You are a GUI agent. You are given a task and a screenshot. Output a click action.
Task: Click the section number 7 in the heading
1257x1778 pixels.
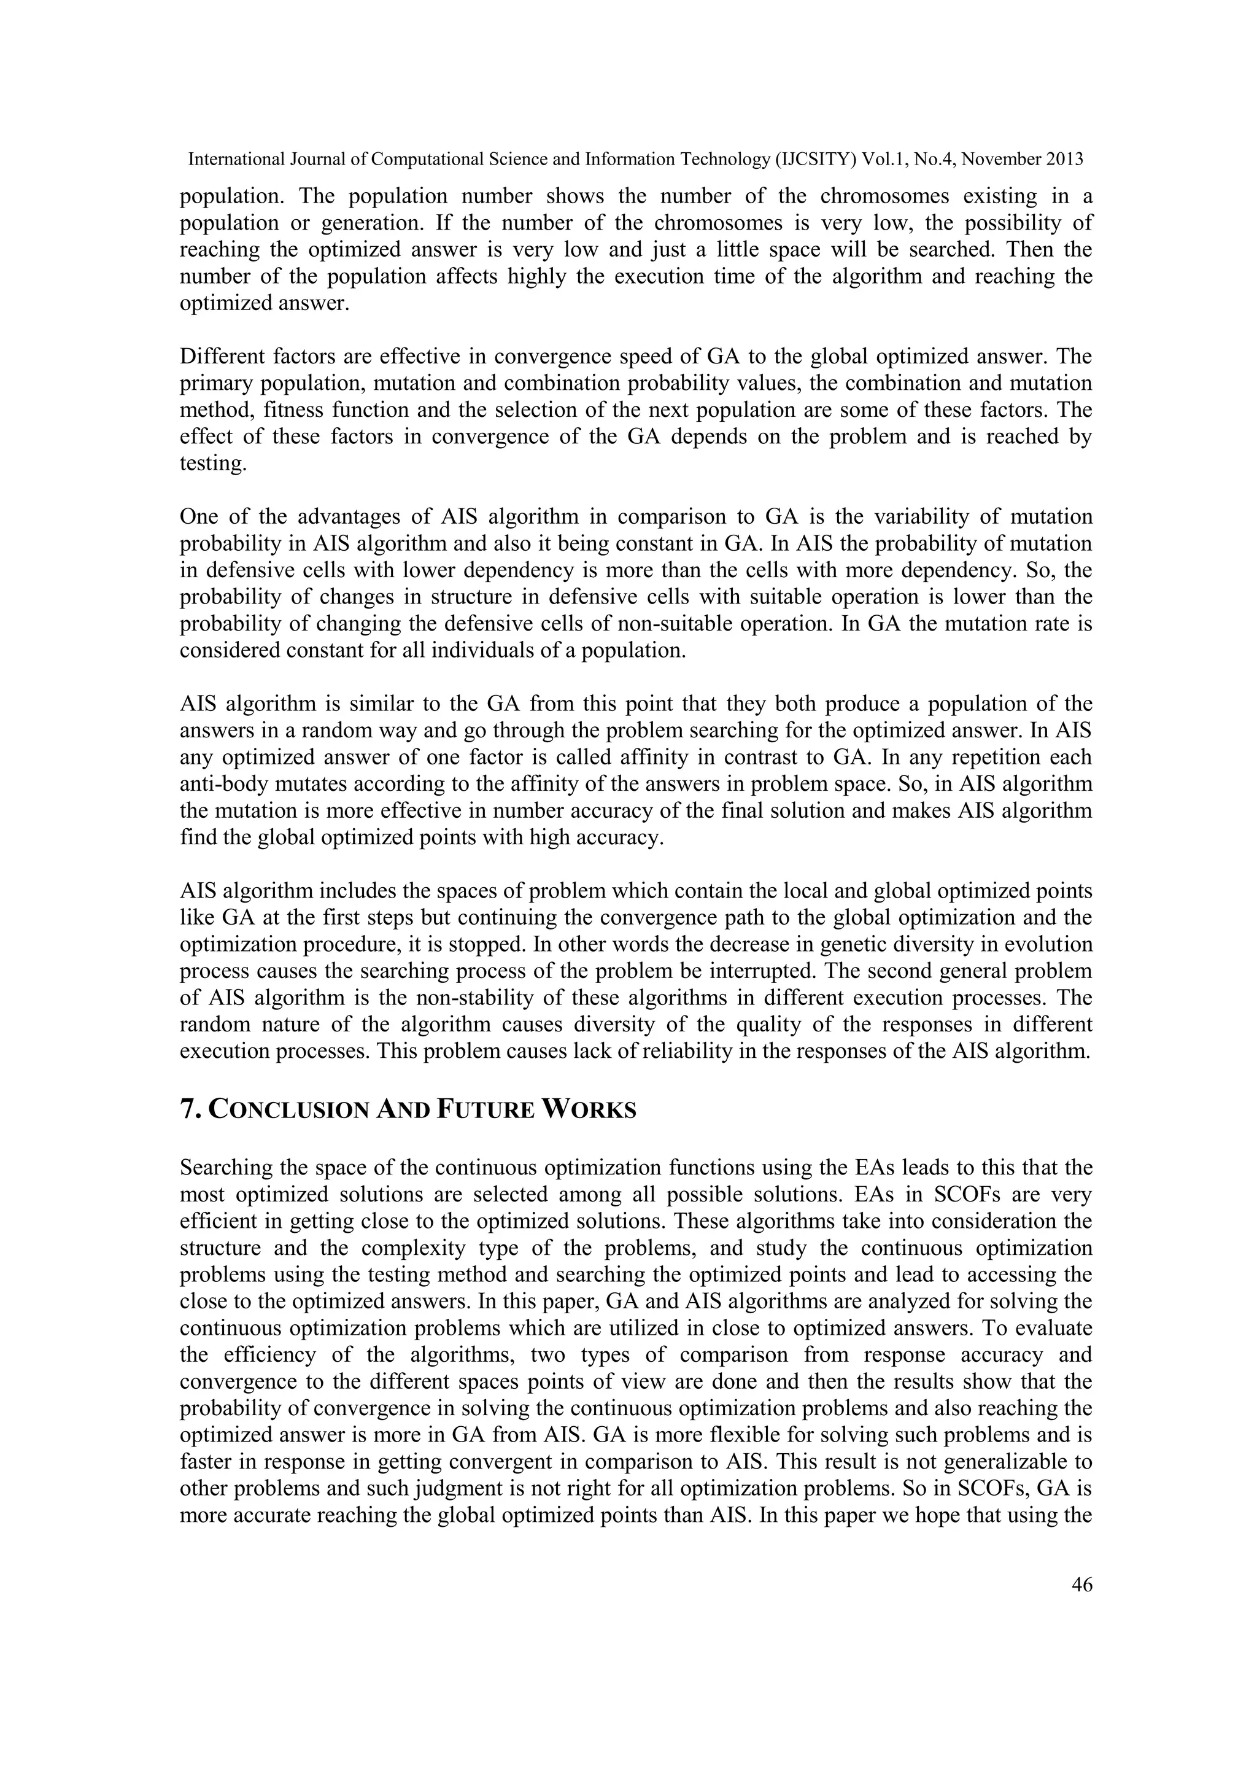tap(187, 1109)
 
